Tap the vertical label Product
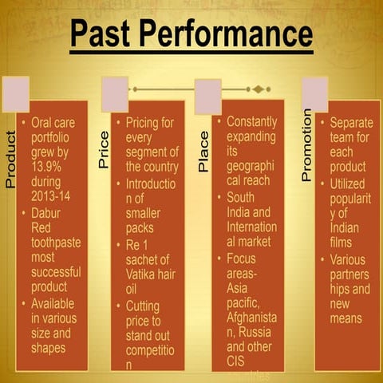[x=10, y=160]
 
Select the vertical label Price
[x=104, y=150]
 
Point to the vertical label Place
[x=203, y=152]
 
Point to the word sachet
[x=147, y=259]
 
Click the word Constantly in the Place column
[x=252, y=122]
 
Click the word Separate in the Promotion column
[x=351, y=123]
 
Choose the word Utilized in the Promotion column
[x=349, y=184]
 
